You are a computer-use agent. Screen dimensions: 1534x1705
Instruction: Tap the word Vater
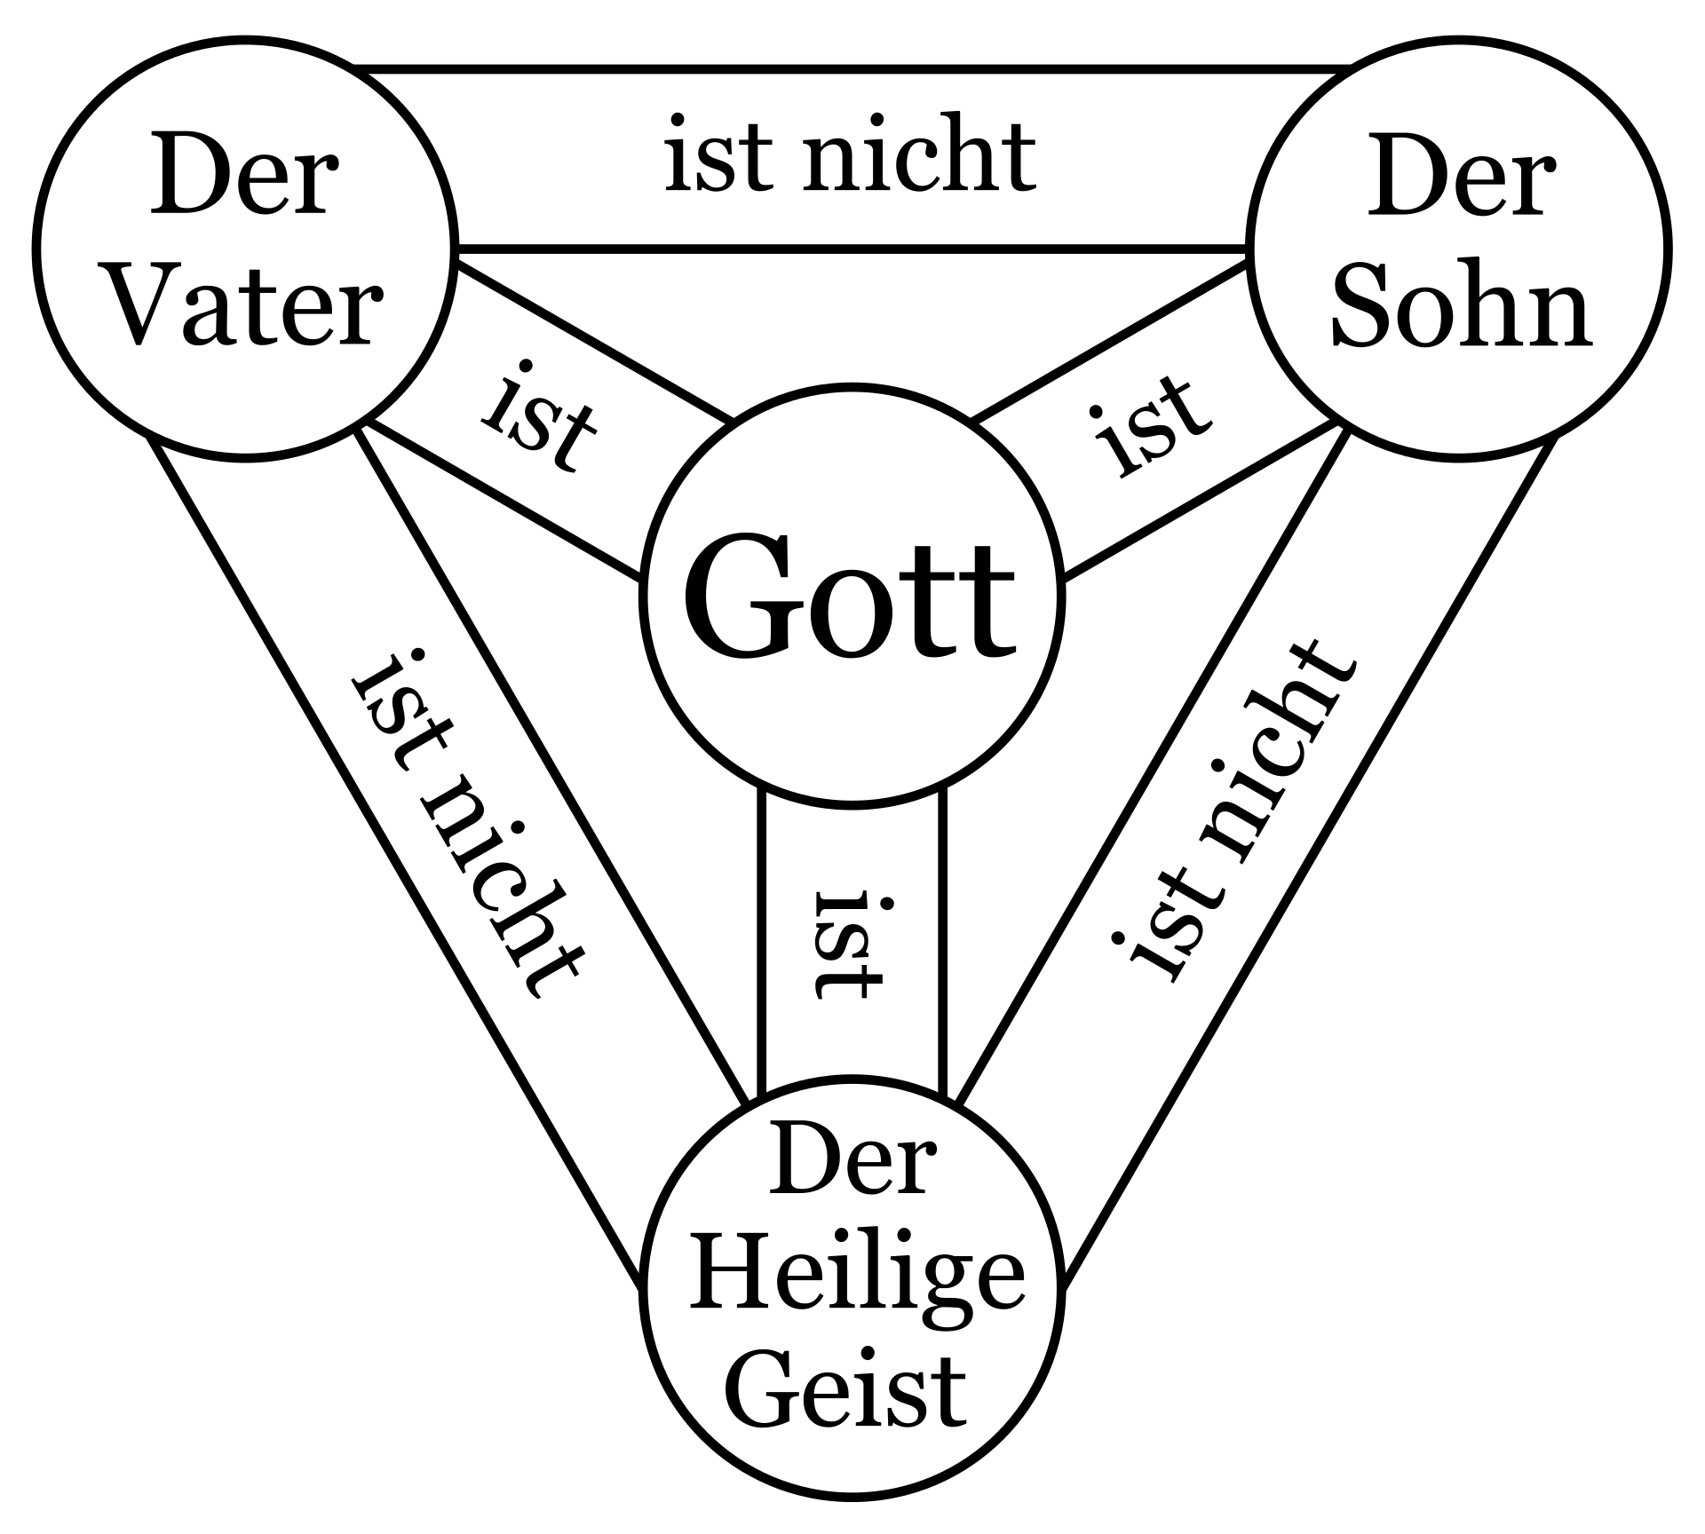click(248, 308)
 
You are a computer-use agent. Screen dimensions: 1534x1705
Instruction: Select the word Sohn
click(1460, 308)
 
